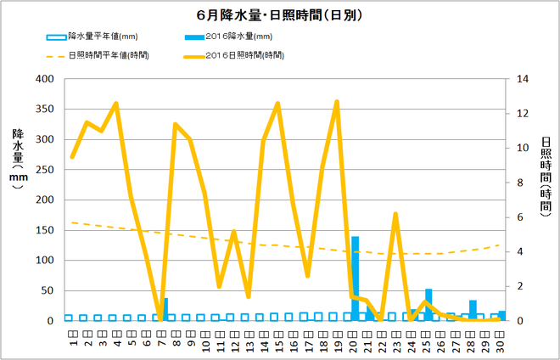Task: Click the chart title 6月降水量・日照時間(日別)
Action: (279, 16)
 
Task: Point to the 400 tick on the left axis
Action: (42, 79)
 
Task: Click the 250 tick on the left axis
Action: (42, 170)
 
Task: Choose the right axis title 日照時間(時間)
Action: (545, 174)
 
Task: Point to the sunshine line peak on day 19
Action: (337, 102)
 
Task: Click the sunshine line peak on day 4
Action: (116, 104)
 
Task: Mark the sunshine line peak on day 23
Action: (395, 214)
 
